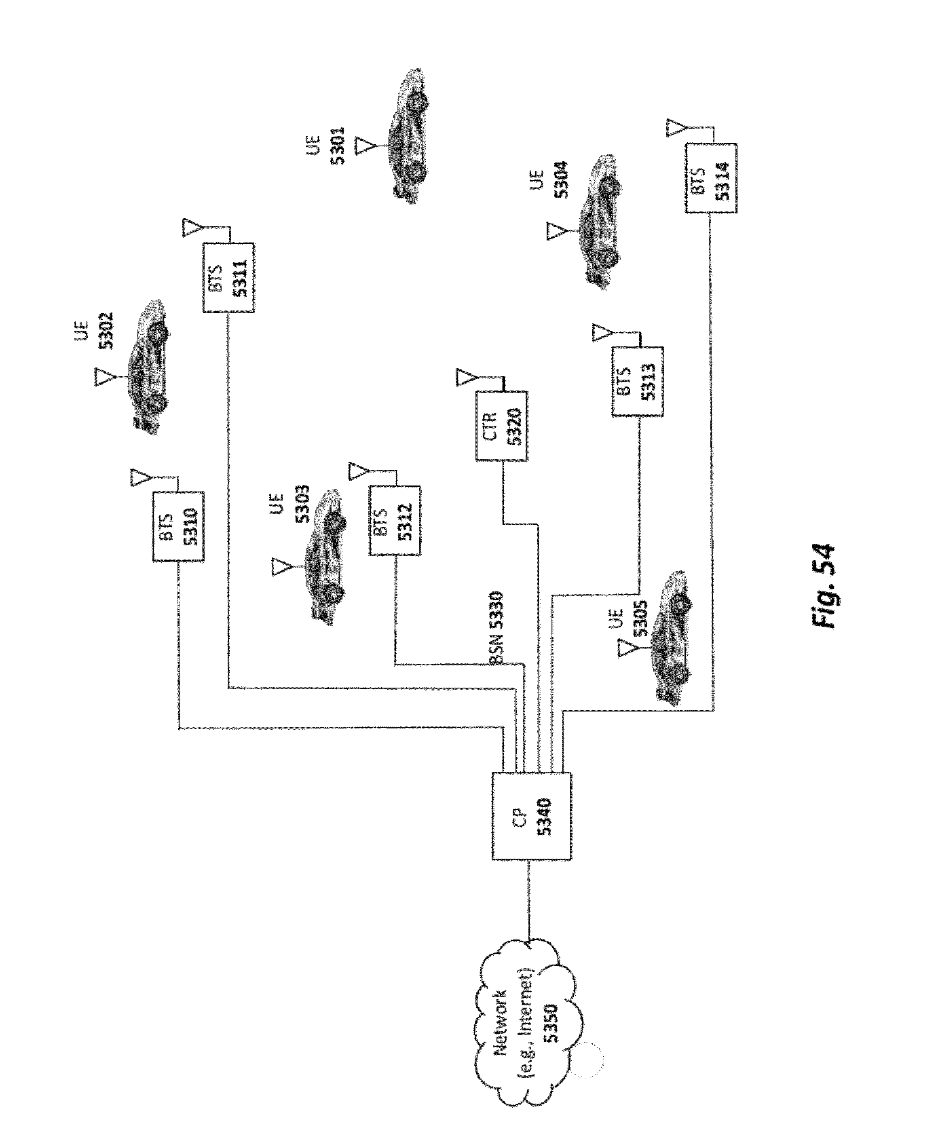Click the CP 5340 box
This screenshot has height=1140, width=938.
coord(532,816)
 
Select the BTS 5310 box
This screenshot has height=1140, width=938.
coord(178,526)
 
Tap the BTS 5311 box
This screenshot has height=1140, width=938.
coord(228,278)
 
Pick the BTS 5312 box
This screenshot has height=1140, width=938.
coord(395,520)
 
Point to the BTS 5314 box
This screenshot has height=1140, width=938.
coord(711,178)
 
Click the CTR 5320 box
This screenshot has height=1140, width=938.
coord(501,426)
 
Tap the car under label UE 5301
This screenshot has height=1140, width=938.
coord(408,136)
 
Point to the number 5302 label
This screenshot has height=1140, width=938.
coord(106,331)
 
